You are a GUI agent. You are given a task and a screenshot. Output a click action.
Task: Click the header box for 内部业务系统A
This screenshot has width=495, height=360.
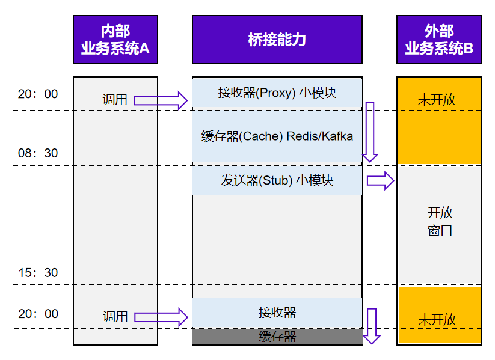click(x=115, y=40)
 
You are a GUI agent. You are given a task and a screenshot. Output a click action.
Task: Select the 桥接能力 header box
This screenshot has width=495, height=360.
click(x=277, y=40)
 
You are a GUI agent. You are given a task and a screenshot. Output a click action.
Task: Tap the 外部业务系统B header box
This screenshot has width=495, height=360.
click(x=439, y=40)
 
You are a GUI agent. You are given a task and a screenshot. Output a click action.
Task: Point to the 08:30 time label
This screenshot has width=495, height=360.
click(x=38, y=153)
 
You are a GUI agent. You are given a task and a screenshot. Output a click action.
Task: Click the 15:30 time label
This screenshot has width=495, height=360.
click(x=38, y=273)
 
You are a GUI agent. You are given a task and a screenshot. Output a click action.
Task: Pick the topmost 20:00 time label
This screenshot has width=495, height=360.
click(x=38, y=94)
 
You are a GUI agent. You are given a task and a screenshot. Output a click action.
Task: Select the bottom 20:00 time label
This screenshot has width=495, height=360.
click(x=38, y=314)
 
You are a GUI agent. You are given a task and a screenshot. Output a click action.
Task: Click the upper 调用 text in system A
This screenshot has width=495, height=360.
click(x=115, y=100)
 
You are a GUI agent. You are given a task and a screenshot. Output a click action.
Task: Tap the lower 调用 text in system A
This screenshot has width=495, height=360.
click(x=115, y=316)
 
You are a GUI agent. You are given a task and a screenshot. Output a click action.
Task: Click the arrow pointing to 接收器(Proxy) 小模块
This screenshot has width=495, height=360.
click(x=161, y=100)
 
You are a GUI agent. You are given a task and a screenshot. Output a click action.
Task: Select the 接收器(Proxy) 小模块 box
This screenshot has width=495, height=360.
click(x=277, y=93)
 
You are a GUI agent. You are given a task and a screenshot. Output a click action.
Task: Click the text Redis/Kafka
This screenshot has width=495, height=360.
click(x=319, y=136)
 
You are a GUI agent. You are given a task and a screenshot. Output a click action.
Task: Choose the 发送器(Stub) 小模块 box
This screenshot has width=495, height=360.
click(x=277, y=180)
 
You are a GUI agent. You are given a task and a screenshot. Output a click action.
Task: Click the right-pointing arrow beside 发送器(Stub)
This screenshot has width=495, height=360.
click(x=380, y=180)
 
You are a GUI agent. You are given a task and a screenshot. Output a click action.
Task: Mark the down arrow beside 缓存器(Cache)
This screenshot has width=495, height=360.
click(x=370, y=132)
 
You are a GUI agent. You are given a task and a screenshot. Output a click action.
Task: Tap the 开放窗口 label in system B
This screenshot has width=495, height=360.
click(x=440, y=221)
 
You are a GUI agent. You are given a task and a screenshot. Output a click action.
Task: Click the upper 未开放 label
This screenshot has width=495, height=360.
click(x=437, y=100)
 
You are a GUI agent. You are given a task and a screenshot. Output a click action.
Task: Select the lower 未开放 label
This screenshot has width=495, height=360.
click(x=437, y=319)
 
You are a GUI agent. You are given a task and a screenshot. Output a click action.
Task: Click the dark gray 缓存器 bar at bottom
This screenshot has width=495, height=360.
click(x=277, y=337)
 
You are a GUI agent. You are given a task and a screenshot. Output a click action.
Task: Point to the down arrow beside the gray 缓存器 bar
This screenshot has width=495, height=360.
click(x=372, y=326)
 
